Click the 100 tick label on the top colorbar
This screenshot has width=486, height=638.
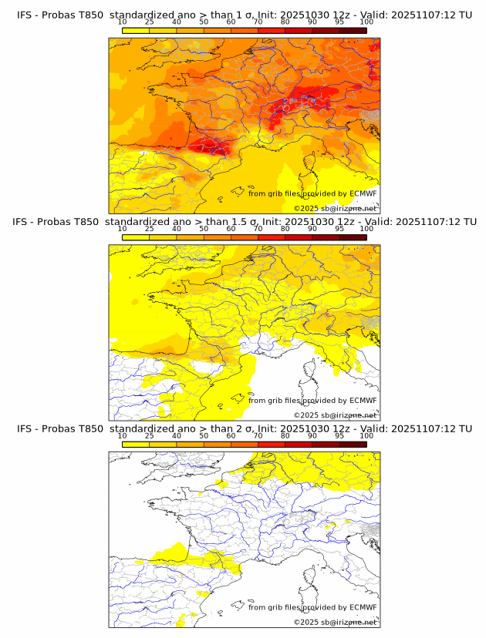tap(366, 22)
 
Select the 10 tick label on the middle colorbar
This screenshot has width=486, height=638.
tap(123, 229)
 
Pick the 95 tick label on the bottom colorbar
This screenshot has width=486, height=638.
tap(339, 435)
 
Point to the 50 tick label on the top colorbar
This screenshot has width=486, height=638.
tap(204, 22)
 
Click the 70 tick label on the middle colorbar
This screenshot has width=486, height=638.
tap(258, 229)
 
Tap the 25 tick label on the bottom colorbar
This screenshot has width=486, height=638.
tap(150, 435)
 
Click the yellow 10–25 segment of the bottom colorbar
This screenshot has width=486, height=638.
tap(136, 444)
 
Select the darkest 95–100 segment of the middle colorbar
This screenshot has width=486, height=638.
tap(353, 237)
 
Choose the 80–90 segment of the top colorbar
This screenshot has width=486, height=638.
tap(299, 31)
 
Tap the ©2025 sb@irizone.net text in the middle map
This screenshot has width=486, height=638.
tap(335, 415)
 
